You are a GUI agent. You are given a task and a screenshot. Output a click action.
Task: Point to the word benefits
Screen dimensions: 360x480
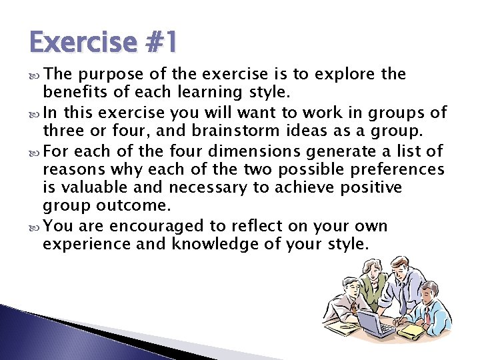click(x=70, y=91)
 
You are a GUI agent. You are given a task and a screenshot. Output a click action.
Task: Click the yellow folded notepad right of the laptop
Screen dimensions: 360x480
click(x=412, y=330)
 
